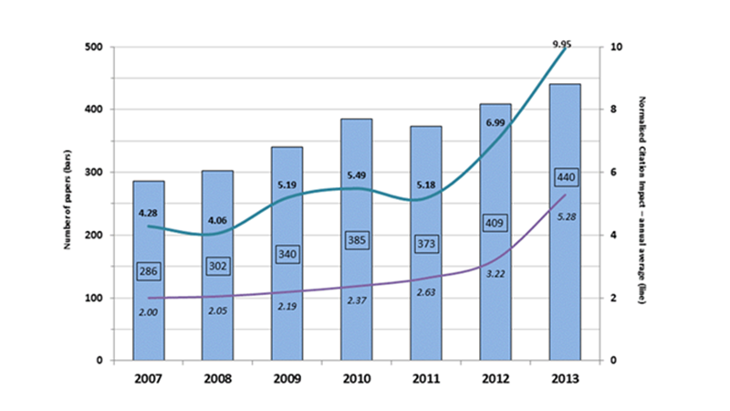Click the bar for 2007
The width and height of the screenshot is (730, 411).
(149, 311)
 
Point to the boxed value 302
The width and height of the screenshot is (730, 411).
(218, 266)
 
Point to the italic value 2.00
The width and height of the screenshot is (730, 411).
(149, 313)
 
